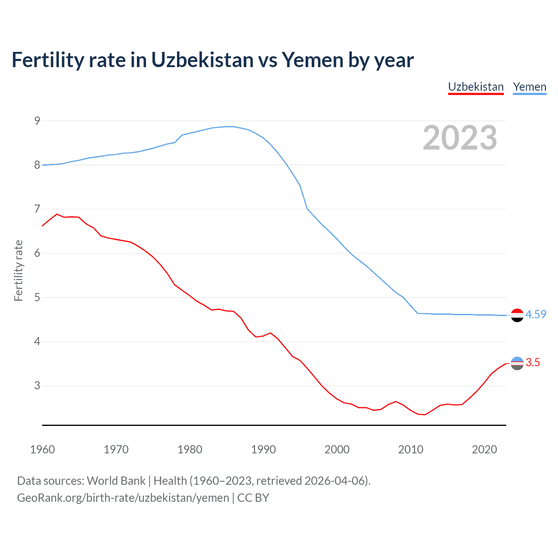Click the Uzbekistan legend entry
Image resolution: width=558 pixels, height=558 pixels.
[476, 87]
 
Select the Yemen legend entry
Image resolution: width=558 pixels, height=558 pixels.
[529, 87]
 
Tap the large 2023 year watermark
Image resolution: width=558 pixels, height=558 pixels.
[460, 138]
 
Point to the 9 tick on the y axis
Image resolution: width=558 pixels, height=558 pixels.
[37, 121]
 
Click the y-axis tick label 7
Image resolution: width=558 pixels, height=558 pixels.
[37, 209]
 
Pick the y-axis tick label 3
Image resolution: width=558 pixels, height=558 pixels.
[37, 386]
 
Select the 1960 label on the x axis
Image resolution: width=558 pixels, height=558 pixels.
[42, 449]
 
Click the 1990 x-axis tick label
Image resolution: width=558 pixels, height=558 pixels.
[263, 449]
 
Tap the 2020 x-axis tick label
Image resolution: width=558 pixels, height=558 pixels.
[484, 449]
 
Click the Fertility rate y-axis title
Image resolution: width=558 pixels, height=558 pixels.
[18, 270]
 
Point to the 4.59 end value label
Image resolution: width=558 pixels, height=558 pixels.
[536, 314]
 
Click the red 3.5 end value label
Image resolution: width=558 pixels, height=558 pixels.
[533, 362]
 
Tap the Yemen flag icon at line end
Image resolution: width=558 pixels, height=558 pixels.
[517, 315]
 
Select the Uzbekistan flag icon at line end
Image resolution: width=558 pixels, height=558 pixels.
[517, 363]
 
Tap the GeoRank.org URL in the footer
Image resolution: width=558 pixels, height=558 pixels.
[123, 498]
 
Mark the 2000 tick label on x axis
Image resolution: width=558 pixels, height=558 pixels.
[337, 449]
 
